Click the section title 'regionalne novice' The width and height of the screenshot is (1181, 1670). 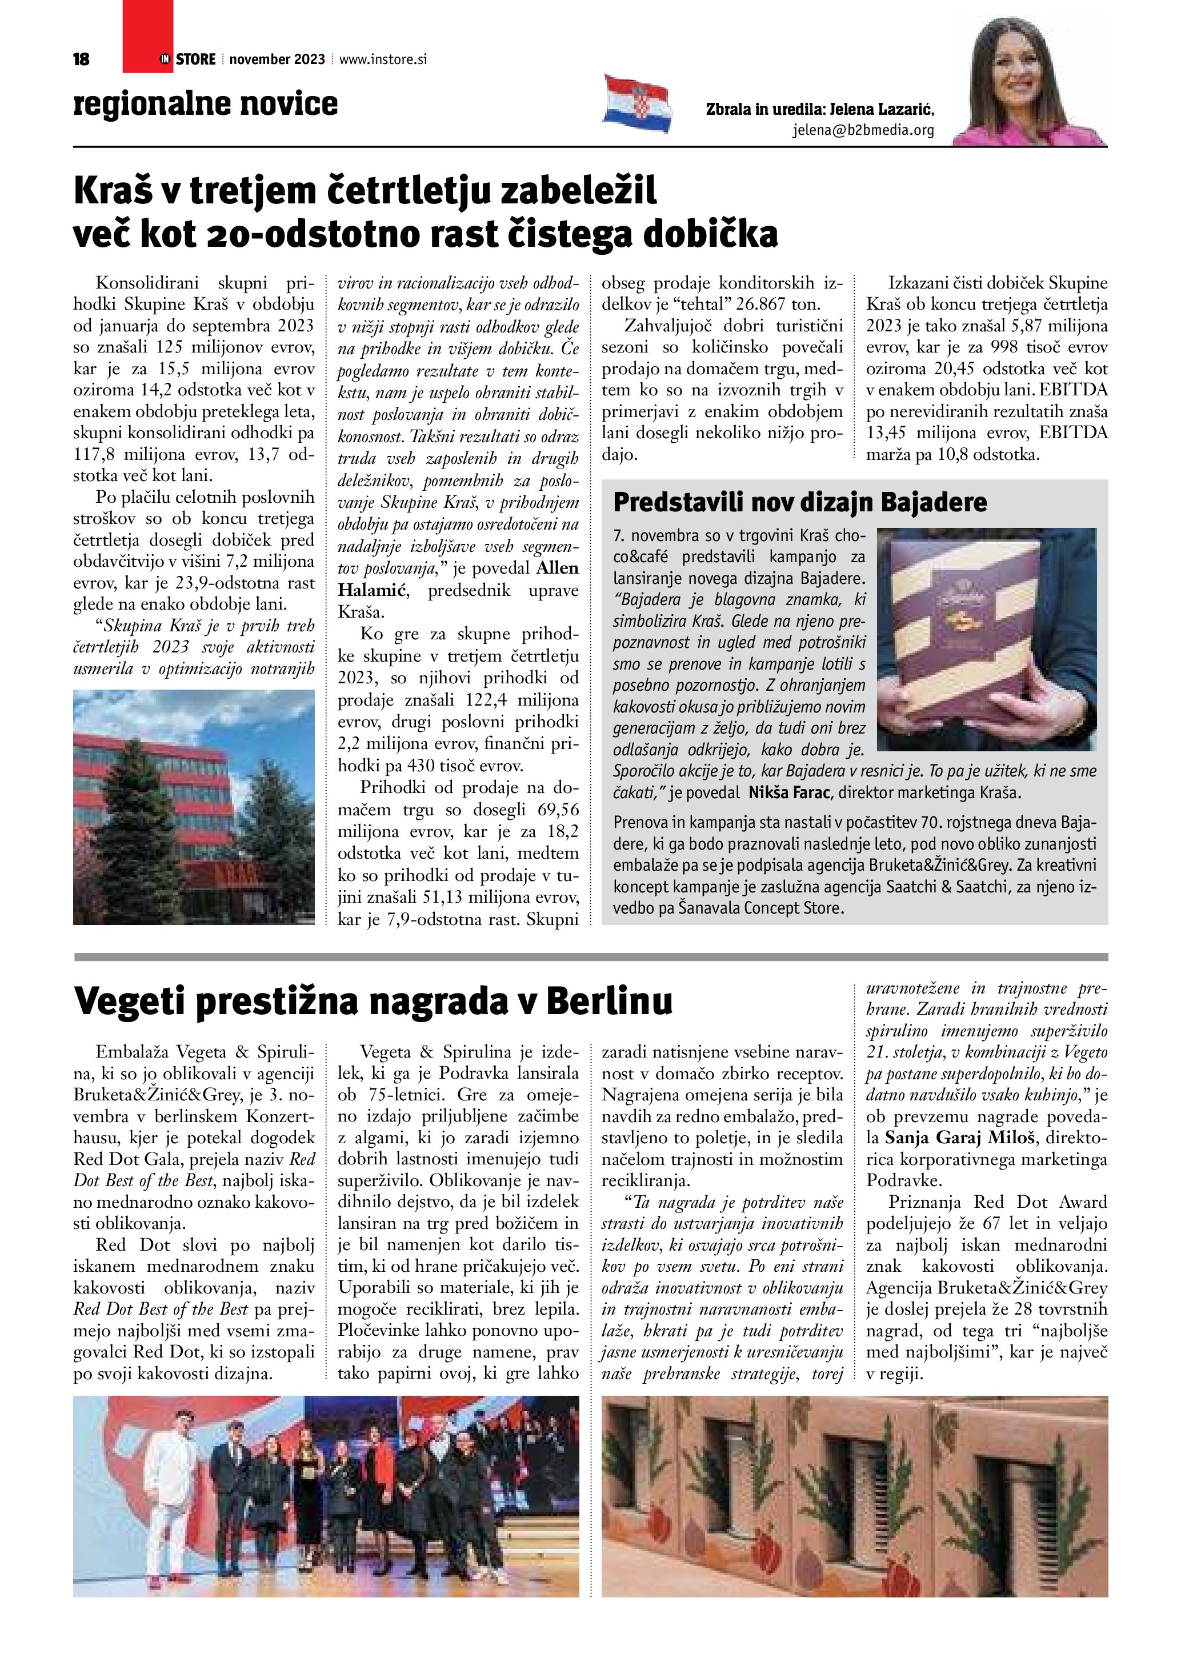(206, 103)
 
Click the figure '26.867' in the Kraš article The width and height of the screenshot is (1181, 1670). (765, 304)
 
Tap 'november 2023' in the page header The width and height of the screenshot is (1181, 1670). (277, 59)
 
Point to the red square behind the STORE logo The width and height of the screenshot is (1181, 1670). (147, 37)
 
